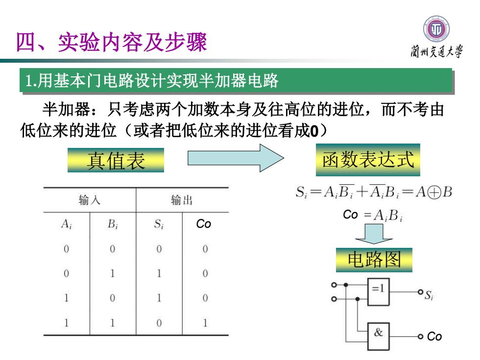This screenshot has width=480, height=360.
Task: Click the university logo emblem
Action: click(x=436, y=29)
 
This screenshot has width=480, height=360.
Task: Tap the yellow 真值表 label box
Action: click(x=116, y=160)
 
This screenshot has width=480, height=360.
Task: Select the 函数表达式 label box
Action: click(x=368, y=160)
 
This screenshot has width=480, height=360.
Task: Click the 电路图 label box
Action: click(x=374, y=260)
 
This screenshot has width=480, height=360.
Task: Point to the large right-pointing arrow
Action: click(x=236, y=158)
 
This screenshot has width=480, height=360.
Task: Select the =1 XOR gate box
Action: click(x=378, y=292)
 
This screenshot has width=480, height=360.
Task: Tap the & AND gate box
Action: click(x=378, y=336)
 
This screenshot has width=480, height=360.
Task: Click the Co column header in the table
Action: click(x=204, y=224)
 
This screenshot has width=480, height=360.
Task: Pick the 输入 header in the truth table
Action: click(x=89, y=200)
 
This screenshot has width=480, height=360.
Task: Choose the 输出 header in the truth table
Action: click(x=182, y=200)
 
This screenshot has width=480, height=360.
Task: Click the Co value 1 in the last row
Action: click(x=205, y=323)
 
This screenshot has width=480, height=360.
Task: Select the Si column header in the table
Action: click(x=159, y=224)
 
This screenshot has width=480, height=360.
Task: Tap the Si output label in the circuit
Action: click(x=429, y=295)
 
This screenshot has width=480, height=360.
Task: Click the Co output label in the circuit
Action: click(x=434, y=336)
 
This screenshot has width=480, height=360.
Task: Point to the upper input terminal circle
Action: click(x=334, y=285)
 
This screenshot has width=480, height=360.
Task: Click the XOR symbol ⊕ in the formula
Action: click(x=434, y=192)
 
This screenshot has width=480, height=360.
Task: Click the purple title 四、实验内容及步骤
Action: click(x=112, y=42)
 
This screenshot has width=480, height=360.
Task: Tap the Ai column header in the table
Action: click(x=67, y=224)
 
